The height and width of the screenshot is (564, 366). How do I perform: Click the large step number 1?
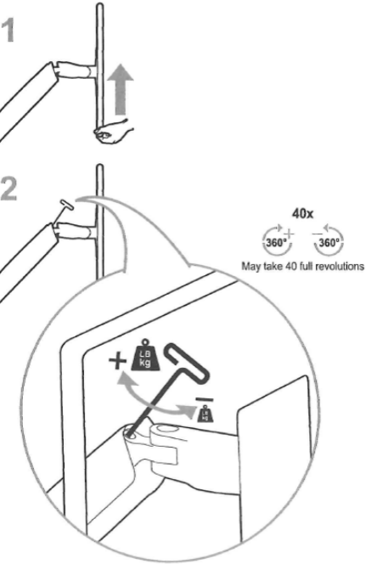click(x=8, y=31)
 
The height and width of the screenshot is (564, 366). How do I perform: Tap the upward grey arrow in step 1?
click(x=122, y=89)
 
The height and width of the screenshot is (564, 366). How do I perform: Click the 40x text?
click(x=302, y=214)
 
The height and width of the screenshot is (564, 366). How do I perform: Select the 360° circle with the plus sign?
click(x=277, y=240)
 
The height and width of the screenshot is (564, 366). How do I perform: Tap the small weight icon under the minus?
click(x=205, y=414)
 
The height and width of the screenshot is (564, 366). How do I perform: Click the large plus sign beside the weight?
click(x=117, y=361)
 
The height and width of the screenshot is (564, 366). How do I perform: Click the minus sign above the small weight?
click(x=204, y=399)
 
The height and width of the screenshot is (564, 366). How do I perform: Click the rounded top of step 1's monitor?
click(x=100, y=7)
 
